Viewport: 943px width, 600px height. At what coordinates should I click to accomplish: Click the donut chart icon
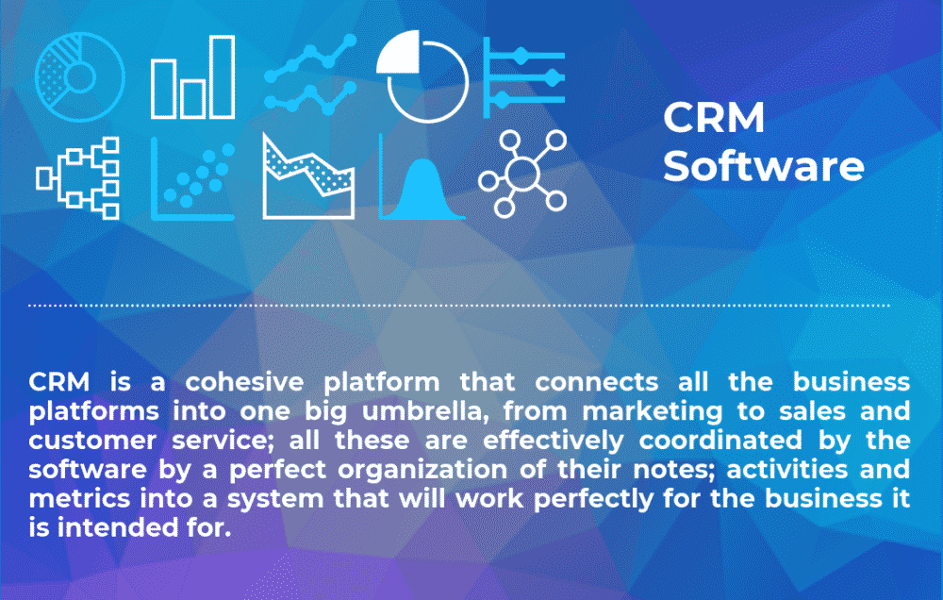point(79,76)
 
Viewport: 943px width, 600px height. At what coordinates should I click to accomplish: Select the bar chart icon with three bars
point(192,77)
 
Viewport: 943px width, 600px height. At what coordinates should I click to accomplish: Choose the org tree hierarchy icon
point(79,177)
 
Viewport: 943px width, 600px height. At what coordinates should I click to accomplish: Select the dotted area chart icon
point(309,177)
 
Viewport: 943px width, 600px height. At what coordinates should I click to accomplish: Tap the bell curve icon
point(422,177)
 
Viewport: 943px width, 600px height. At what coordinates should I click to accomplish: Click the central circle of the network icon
point(521,175)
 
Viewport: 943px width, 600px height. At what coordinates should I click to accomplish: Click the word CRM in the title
point(714,120)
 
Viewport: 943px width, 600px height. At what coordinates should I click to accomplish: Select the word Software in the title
point(763,168)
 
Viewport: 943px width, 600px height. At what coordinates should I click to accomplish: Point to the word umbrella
point(488,411)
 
